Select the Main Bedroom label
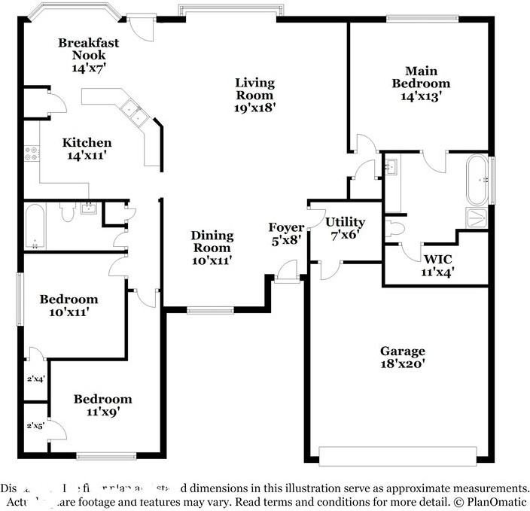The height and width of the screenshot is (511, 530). pos(420,78)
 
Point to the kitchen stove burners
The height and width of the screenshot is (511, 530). pos(32,154)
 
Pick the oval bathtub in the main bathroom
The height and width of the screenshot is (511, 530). pos(477,180)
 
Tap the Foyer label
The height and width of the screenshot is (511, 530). pos(287,227)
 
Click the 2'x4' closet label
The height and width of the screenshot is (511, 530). pos(35,379)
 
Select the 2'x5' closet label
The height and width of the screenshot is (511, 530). pos(35,426)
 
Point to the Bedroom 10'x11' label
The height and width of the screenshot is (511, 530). pos(69,300)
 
